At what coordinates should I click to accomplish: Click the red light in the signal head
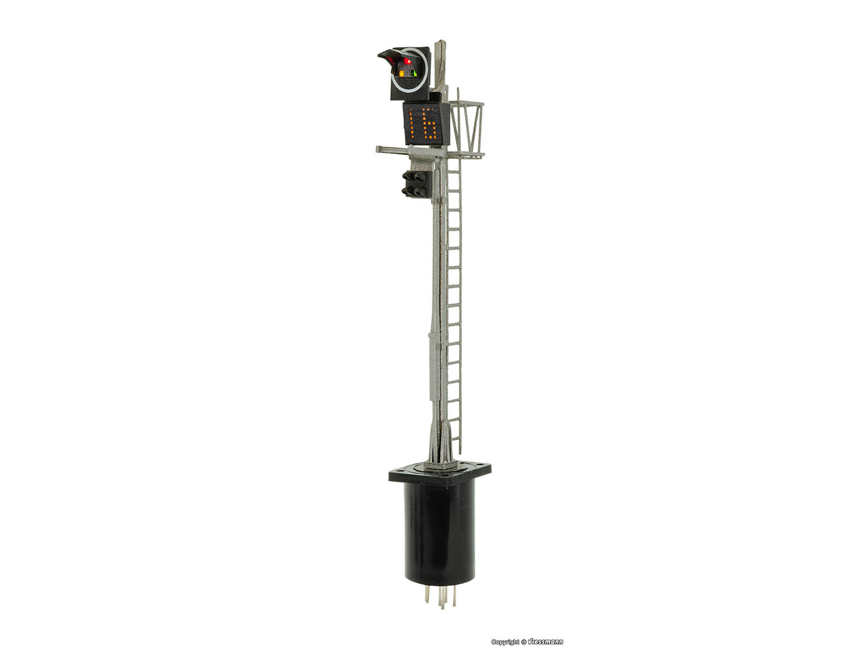[x=408, y=61]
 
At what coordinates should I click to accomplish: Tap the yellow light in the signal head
[x=402, y=74]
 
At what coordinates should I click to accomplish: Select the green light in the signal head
[x=414, y=73]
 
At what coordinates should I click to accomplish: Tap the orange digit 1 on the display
[x=412, y=123]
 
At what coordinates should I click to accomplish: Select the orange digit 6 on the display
[x=428, y=124]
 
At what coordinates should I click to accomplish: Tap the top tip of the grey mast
[x=441, y=43]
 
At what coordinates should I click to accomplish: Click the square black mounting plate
[x=440, y=474]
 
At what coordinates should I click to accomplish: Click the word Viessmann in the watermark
[x=545, y=642]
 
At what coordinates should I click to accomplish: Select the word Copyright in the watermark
[x=505, y=642]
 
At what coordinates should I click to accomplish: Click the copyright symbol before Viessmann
[x=524, y=642]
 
